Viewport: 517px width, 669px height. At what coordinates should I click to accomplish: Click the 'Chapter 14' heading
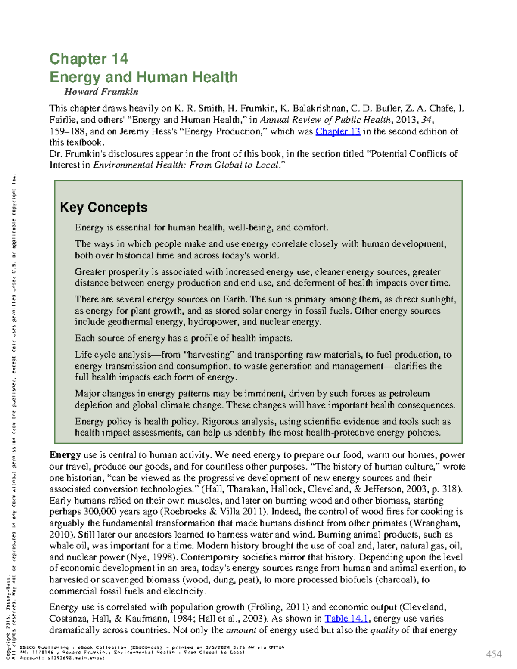(88, 59)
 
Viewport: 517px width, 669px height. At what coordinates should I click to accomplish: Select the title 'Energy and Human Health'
(143, 77)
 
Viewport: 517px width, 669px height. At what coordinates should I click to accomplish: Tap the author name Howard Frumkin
(101, 92)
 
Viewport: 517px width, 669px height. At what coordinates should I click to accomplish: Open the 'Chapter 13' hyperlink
(338, 131)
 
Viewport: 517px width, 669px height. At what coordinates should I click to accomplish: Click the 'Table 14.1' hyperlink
(346, 619)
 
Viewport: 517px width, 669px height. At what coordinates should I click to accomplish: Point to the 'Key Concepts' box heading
(103, 207)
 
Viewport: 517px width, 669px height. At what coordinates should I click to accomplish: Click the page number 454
(494, 654)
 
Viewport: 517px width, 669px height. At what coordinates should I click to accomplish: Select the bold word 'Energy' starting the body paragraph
(65, 455)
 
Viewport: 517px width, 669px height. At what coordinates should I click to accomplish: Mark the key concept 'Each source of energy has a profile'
(183, 338)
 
